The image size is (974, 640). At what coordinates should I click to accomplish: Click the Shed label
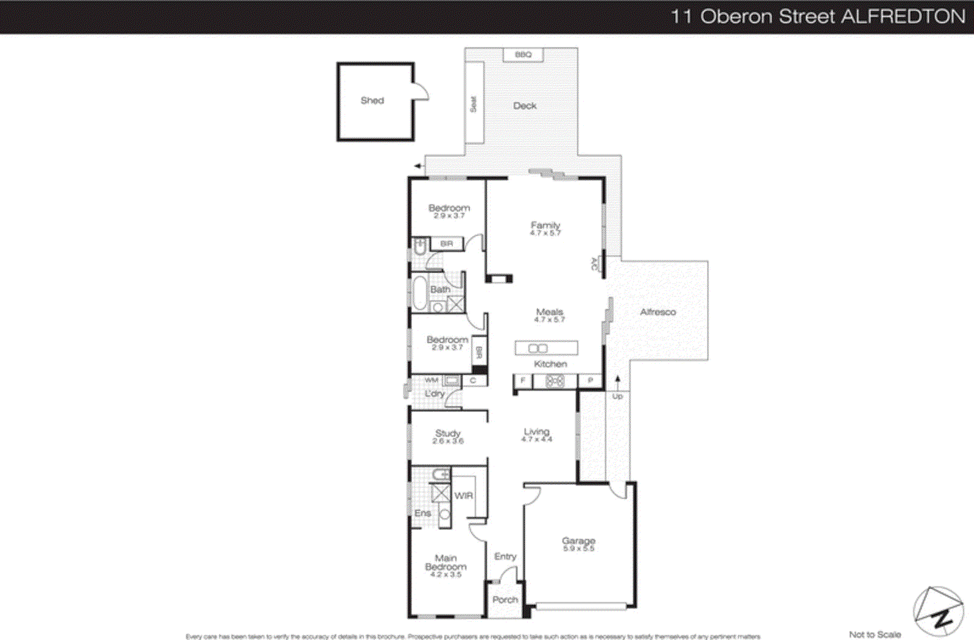(372, 100)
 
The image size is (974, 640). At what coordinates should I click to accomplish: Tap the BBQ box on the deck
(523, 55)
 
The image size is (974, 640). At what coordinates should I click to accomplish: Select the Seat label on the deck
(473, 104)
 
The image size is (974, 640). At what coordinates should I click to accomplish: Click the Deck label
(524, 106)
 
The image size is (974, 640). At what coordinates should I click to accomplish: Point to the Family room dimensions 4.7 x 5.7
(545, 233)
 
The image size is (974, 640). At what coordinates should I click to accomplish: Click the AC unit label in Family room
(595, 264)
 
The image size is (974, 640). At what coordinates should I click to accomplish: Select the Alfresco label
(657, 312)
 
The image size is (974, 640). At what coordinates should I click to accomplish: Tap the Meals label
(549, 311)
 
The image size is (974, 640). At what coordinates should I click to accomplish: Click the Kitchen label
(550, 364)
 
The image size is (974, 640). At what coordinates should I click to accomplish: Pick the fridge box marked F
(522, 380)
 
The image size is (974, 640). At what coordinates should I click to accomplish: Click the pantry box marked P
(590, 380)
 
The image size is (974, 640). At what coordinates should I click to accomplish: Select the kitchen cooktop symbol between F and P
(555, 381)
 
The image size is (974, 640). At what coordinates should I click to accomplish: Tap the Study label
(447, 433)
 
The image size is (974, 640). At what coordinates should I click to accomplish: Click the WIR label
(463, 495)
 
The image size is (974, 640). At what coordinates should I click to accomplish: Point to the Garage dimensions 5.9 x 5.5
(578, 548)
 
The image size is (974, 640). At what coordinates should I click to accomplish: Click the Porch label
(505, 599)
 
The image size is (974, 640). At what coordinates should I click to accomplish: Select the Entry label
(505, 556)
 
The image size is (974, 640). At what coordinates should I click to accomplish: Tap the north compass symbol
(938, 612)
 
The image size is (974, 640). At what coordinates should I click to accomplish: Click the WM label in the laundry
(431, 380)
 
